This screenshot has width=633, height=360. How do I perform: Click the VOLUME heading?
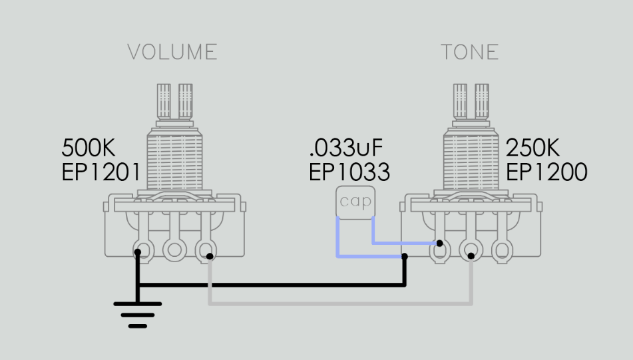pyautogui.click(x=172, y=52)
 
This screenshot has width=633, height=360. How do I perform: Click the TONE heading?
pyautogui.click(x=469, y=52)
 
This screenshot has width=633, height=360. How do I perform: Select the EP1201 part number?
pyautogui.click(x=101, y=172)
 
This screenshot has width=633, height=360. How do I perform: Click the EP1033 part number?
pyautogui.click(x=349, y=172)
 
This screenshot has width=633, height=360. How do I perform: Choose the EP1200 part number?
pyautogui.click(x=546, y=172)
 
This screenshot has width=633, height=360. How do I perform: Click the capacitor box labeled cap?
pyautogui.click(x=355, y=202)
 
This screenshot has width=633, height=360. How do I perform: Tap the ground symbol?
pyautogui.click(x=138, y=315)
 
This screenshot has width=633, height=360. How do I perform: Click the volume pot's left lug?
pyautogui.click(x=143, y=250)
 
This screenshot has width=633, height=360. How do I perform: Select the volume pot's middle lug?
pyautogui.click(x=174, y=250)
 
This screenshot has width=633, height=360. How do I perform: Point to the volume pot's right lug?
pyautogui.click(x=206, y=250)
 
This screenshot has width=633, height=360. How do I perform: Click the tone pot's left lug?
pyautogui.click(x=439, y=250)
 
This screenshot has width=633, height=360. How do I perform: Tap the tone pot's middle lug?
pyautogui.click(x=471, y=250)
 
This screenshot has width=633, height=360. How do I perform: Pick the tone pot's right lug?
pyautogui.click(x=502, y=250)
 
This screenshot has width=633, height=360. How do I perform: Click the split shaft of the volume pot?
pyautogui.click(x=174, y=102)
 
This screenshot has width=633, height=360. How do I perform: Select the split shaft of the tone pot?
pyautogui.click(x=471, y=102)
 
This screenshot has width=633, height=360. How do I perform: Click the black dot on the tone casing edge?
pyautogui.click(x=405, y=256)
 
